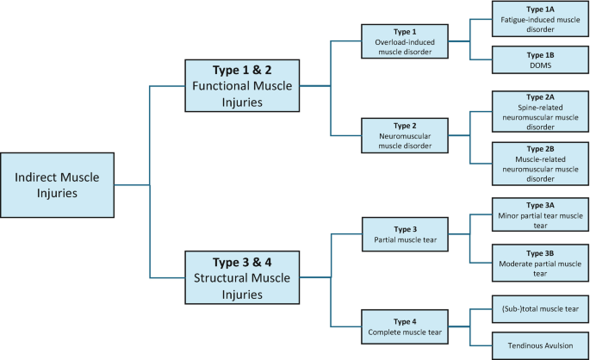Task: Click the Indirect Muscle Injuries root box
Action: coord(58,185)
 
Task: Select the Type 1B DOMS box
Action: coord(540,59)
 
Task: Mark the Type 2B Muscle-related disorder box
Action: coord(540,163)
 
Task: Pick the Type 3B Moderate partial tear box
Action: coord(540,262)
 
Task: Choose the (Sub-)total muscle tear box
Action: coord(540,308)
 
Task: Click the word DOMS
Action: coord(540,64)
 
